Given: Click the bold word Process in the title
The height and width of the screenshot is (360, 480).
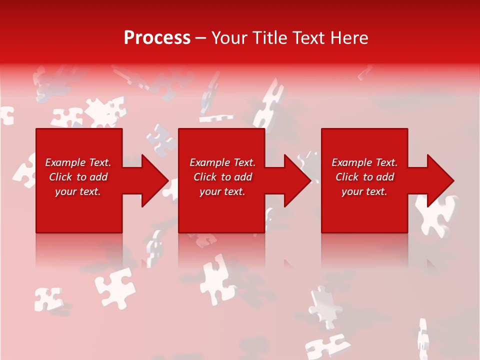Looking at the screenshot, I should coord(157,38).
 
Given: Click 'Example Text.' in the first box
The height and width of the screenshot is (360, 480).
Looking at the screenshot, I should coord(78,162).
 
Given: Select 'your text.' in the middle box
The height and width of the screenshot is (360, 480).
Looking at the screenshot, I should coord(222,191).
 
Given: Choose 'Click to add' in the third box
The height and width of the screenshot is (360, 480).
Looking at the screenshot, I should coord(364,177).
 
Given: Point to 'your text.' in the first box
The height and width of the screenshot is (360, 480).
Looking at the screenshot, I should coord(78,191).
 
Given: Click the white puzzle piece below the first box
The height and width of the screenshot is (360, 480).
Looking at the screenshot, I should coord(114,287).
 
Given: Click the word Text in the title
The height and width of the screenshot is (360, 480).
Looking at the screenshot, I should coord(309,38).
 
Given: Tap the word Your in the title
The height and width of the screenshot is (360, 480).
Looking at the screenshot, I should coord(227,38).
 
